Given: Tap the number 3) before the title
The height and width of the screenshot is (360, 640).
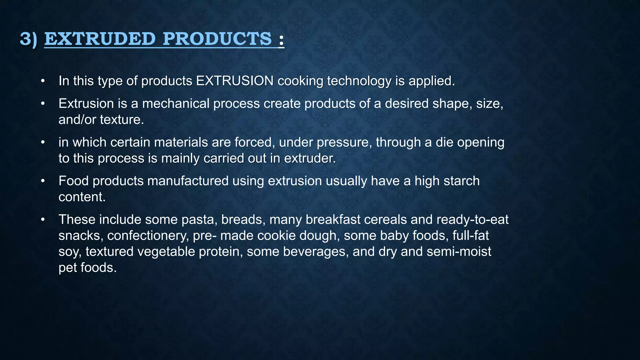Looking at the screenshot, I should point(28,39).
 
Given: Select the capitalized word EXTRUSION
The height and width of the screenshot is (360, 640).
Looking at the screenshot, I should point(235,81).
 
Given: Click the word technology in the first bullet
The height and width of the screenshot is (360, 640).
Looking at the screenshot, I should point(359,81).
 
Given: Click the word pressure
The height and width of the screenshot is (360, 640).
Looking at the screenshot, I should point(344,142).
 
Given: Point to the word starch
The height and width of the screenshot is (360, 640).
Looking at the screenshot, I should point(460,181).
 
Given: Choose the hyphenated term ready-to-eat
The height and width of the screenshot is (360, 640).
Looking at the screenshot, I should point(472,220).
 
